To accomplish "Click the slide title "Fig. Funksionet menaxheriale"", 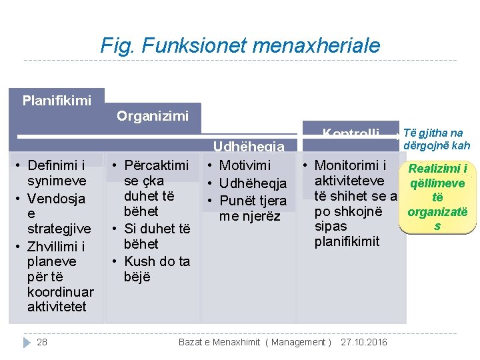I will click(240, 45).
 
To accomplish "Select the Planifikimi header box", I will click(57, 101).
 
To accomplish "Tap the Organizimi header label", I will click(153, 116).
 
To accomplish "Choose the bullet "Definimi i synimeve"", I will click(57, 173).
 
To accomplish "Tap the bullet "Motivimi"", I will click(245, 165).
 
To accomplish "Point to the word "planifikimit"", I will click(347, 241).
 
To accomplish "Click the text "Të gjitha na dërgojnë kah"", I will click(437, 139).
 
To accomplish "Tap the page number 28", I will click(42, 342).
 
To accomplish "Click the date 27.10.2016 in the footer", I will click(363, 342).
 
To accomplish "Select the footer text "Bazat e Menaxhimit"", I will click(220, 342).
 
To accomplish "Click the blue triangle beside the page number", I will click(27, 342).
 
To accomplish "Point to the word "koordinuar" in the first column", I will click(60, 292).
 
